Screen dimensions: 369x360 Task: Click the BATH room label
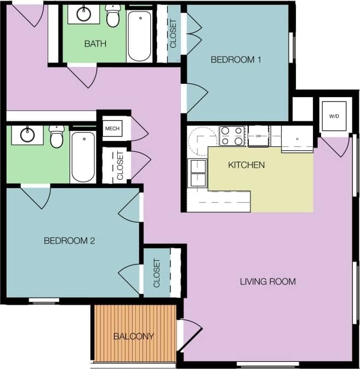[95, 43]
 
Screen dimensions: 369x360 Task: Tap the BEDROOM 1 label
[236, 60]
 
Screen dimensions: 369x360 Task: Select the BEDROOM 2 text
[70, 240]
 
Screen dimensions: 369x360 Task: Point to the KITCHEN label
[247, 165]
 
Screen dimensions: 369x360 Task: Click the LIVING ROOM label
[268, 282]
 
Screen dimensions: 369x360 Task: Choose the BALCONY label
[134, 336]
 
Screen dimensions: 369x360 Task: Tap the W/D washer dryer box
[334, 116]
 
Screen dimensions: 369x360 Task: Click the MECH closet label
[112, 128]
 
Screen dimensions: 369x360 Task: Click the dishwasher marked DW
[258, 136]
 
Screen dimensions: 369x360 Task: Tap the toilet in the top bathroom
[113, 17]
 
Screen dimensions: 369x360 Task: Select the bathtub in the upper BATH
[139, 36]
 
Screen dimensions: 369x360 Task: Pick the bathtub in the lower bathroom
[83, 156]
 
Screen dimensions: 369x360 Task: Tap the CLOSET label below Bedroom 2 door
[157, 273]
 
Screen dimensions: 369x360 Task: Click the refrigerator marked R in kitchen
[297, 139]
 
